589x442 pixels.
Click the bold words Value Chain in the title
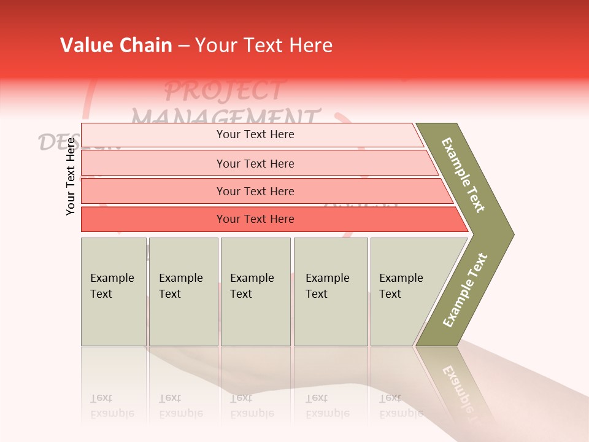(x=116, y=45)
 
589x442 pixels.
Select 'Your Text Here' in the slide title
(x=264, y=45)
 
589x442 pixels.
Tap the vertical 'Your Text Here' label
(x=71, y=177)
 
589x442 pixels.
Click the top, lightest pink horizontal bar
(x=255, y=134)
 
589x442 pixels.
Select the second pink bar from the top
(x=255, y=163)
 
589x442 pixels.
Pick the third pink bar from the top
(x=255, y=191)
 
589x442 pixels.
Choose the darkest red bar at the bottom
(x=255, y=219)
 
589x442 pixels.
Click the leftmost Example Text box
(x=114, y=292)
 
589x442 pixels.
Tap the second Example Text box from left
(x=183, y=292)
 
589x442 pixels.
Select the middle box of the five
(x=255, y=292)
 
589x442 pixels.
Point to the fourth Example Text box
(x=331, y=292)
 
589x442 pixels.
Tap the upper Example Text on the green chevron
(x=463, y=175)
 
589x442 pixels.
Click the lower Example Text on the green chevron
(x=465, y=290)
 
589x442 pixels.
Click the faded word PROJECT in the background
(x=224, y=91)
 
